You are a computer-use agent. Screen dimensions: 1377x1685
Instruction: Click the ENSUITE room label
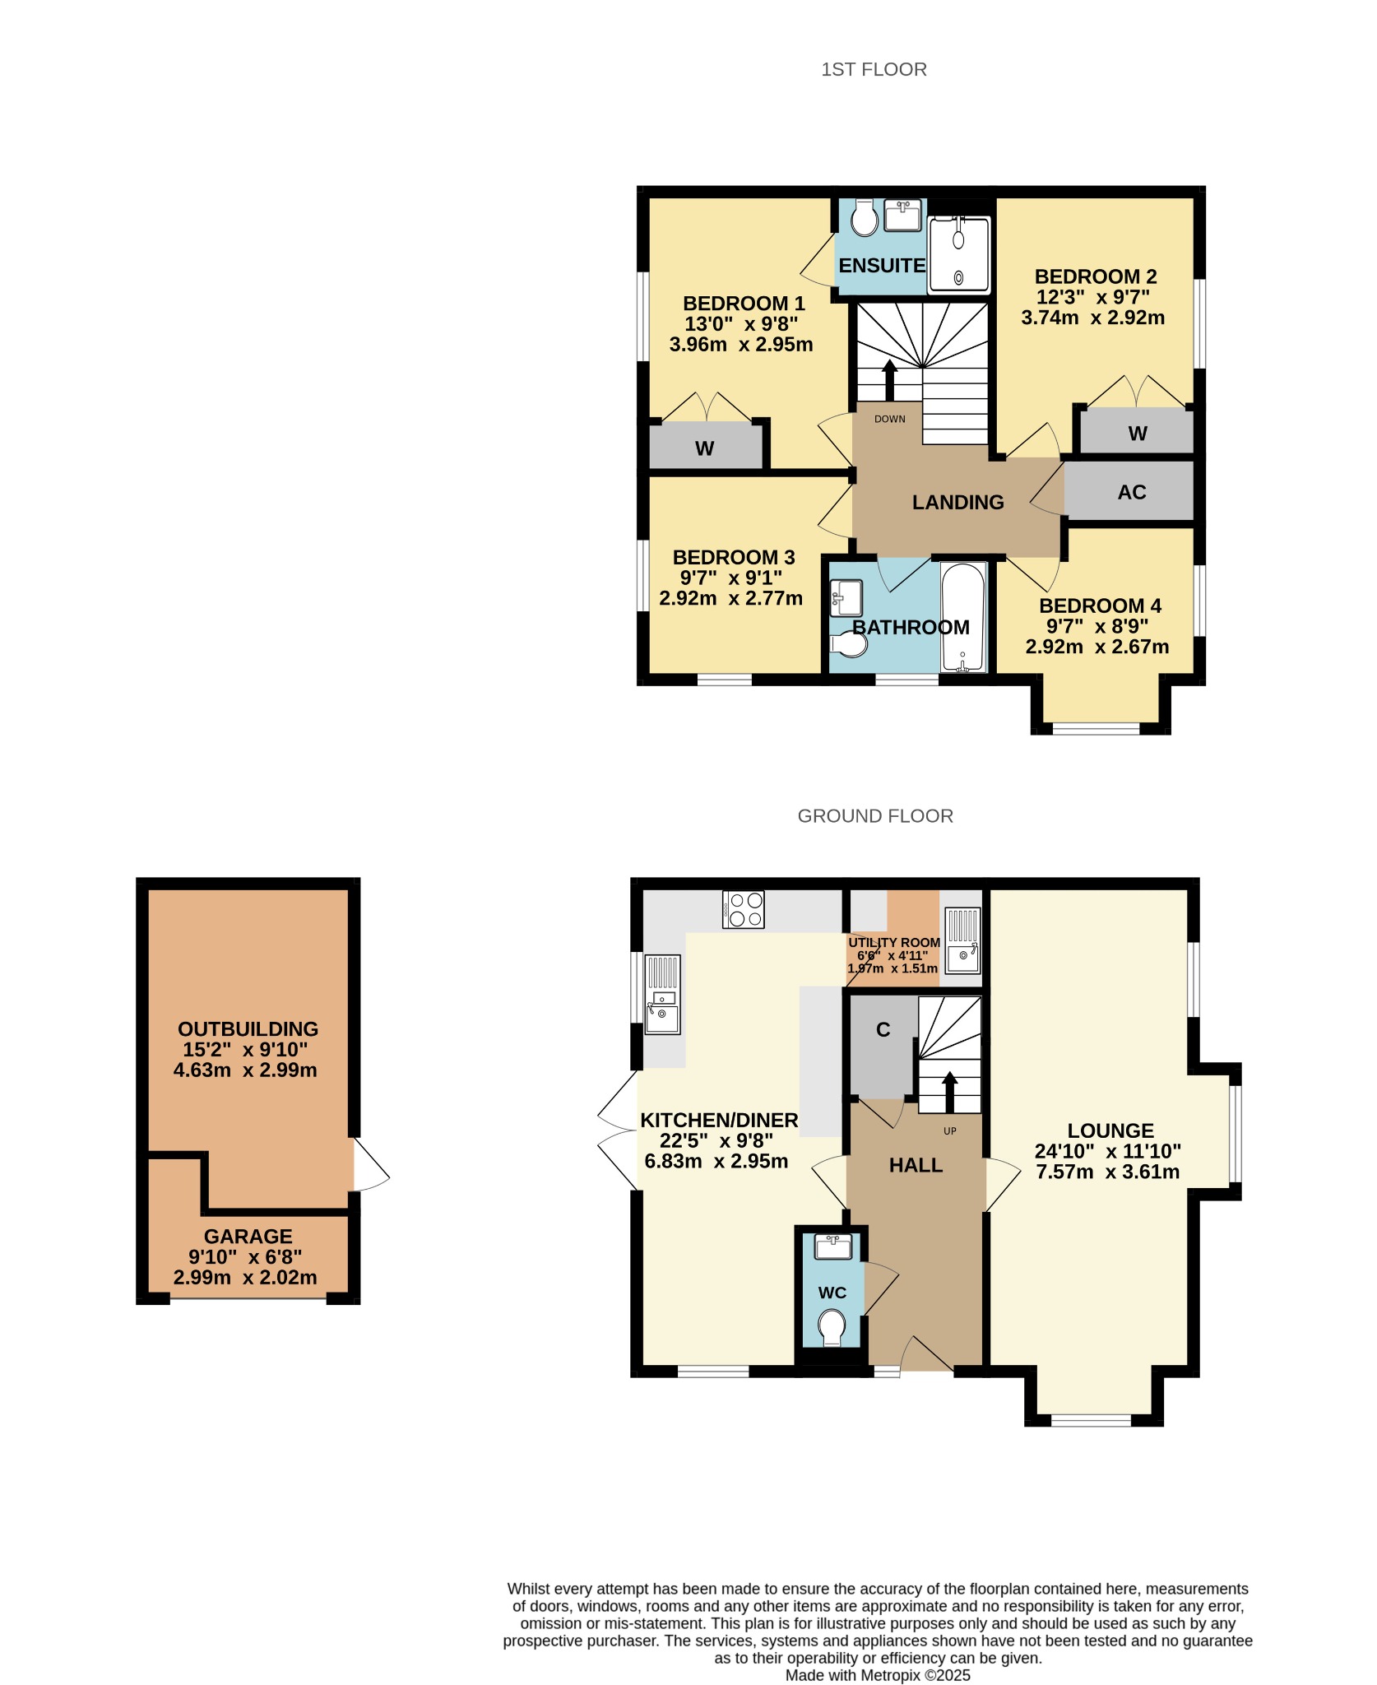[x=882, y=266]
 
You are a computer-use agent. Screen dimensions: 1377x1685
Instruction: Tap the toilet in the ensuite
[x=864, y=217]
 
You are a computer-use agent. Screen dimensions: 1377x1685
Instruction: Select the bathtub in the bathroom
[x=962, y=617]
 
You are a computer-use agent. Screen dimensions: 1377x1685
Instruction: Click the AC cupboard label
[x=1132, y=492]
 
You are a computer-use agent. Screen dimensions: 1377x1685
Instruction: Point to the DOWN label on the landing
[x=890, y=419]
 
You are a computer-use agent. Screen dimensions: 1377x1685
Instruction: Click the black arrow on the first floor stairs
[x=889, y=380]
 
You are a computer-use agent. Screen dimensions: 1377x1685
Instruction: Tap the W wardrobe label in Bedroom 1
[x=704, y=448]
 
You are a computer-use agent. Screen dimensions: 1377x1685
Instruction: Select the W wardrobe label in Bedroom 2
[x=1138, y=434]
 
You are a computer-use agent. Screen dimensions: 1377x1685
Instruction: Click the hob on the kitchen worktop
[x=744, y=909]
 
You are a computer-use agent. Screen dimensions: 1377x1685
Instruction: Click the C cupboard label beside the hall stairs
[x=883, y=1030]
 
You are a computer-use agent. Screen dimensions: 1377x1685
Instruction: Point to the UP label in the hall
[x=950, y=1131]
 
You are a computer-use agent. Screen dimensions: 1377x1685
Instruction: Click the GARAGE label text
[x=248, y=1237]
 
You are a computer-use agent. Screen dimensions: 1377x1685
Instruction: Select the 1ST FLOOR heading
[x=874, y=69]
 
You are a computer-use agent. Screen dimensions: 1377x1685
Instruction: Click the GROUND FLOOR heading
[x=875, y=816]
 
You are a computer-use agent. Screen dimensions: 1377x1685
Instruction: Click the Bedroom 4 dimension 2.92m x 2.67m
[x=1097, y=647]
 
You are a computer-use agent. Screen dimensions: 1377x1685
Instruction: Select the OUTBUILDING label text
[x=248, y=1029]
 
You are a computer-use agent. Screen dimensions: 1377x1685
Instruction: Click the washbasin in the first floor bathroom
[x=846, y=598]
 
